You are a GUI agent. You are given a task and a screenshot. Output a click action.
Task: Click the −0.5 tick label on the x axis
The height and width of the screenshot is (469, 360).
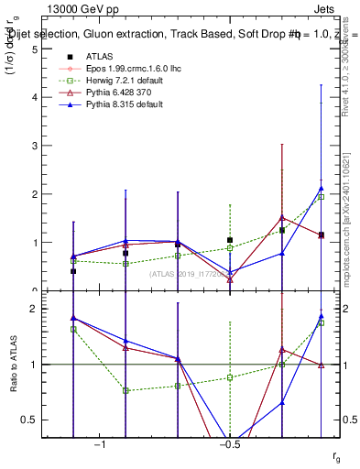pos(229,445)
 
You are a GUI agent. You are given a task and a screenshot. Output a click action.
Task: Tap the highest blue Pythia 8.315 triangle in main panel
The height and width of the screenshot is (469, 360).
pos(321,188)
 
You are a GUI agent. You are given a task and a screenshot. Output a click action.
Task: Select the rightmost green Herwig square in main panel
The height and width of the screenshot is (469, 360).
pos(321,197)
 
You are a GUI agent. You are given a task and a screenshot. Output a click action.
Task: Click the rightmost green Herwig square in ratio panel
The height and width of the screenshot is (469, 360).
pos(321,322)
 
